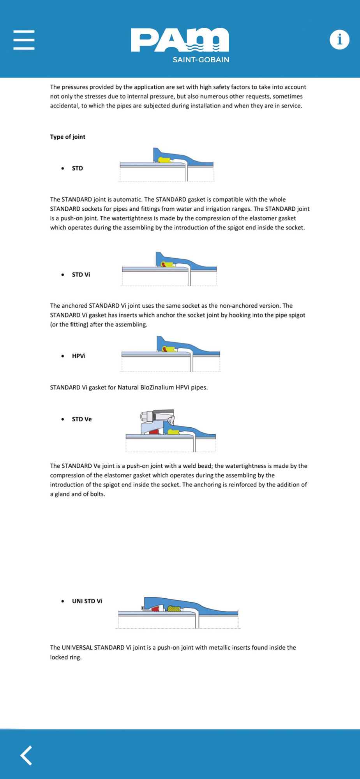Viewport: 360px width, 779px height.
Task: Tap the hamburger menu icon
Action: (x=24, y=40)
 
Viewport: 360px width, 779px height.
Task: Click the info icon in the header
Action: (x=339, y=39)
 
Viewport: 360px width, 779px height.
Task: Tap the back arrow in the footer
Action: (x=26, y=756)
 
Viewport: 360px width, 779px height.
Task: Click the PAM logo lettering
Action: (x=180, y=40)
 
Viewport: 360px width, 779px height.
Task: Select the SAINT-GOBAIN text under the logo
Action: (x=201, y=60)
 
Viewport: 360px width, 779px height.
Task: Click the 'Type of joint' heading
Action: (x=67, y=137)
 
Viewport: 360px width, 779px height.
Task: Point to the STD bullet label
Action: (x=77, y=168)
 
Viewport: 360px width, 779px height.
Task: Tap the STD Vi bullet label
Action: (x=81, y=275)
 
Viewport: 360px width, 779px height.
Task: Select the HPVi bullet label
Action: (x=79, y=356)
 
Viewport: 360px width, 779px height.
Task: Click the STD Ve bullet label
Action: (x=82, y=419)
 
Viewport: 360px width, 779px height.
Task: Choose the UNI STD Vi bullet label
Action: (x=87, y=601)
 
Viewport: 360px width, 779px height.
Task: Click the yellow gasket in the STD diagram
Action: (x=165, y=160)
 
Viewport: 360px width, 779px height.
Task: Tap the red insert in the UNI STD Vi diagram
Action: (x=156, y=608)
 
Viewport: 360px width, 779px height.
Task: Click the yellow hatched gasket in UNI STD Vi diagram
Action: (x=174, y=608)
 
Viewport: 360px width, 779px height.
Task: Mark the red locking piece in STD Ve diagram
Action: (x=154, y=432)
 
